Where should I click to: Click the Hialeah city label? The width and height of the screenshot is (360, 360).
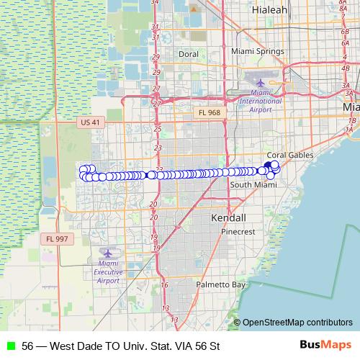(270, 10)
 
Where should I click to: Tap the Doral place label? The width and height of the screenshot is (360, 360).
(188, 54)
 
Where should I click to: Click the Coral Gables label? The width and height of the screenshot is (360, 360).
(287, 155)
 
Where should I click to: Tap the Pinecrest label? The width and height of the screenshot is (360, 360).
(238, 233)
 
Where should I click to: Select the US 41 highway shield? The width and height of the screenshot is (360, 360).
(91, 122)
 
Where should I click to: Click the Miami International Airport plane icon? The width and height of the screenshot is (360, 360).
(261, 81)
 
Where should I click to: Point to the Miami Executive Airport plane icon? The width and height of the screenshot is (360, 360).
(109, 253)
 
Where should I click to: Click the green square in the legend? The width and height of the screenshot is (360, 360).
(10, 346)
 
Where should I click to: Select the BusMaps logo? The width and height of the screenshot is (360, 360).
(325, 345)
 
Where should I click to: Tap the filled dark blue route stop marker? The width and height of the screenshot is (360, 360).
(267, 166)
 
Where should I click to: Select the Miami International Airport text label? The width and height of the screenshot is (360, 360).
(260, 100)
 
